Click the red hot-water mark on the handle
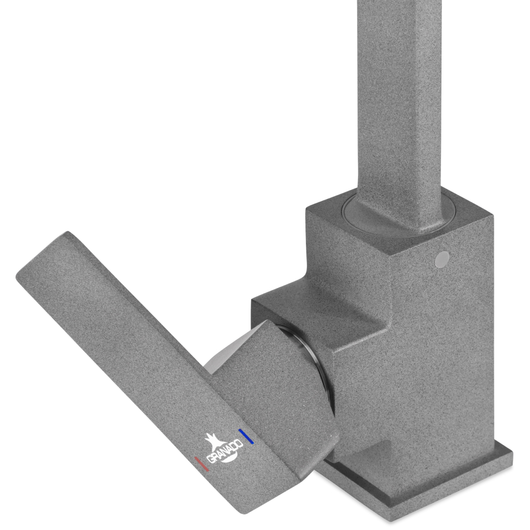coord(201,464)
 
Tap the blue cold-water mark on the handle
coord(246,436)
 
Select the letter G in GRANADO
coord(210,460)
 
